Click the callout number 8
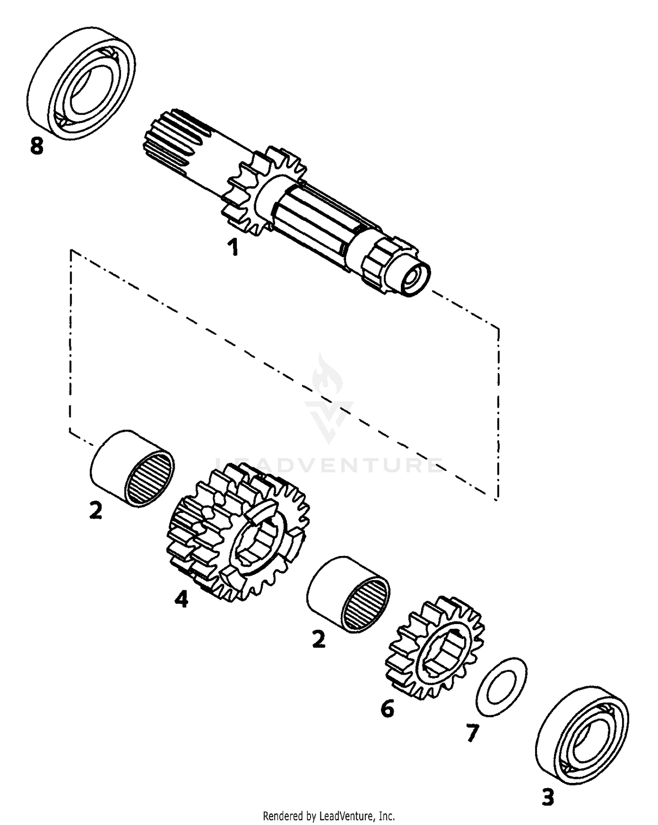click(x=37, y=146)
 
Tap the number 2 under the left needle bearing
click(x=96, y=510)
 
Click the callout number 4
click(x=181, y=599)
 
